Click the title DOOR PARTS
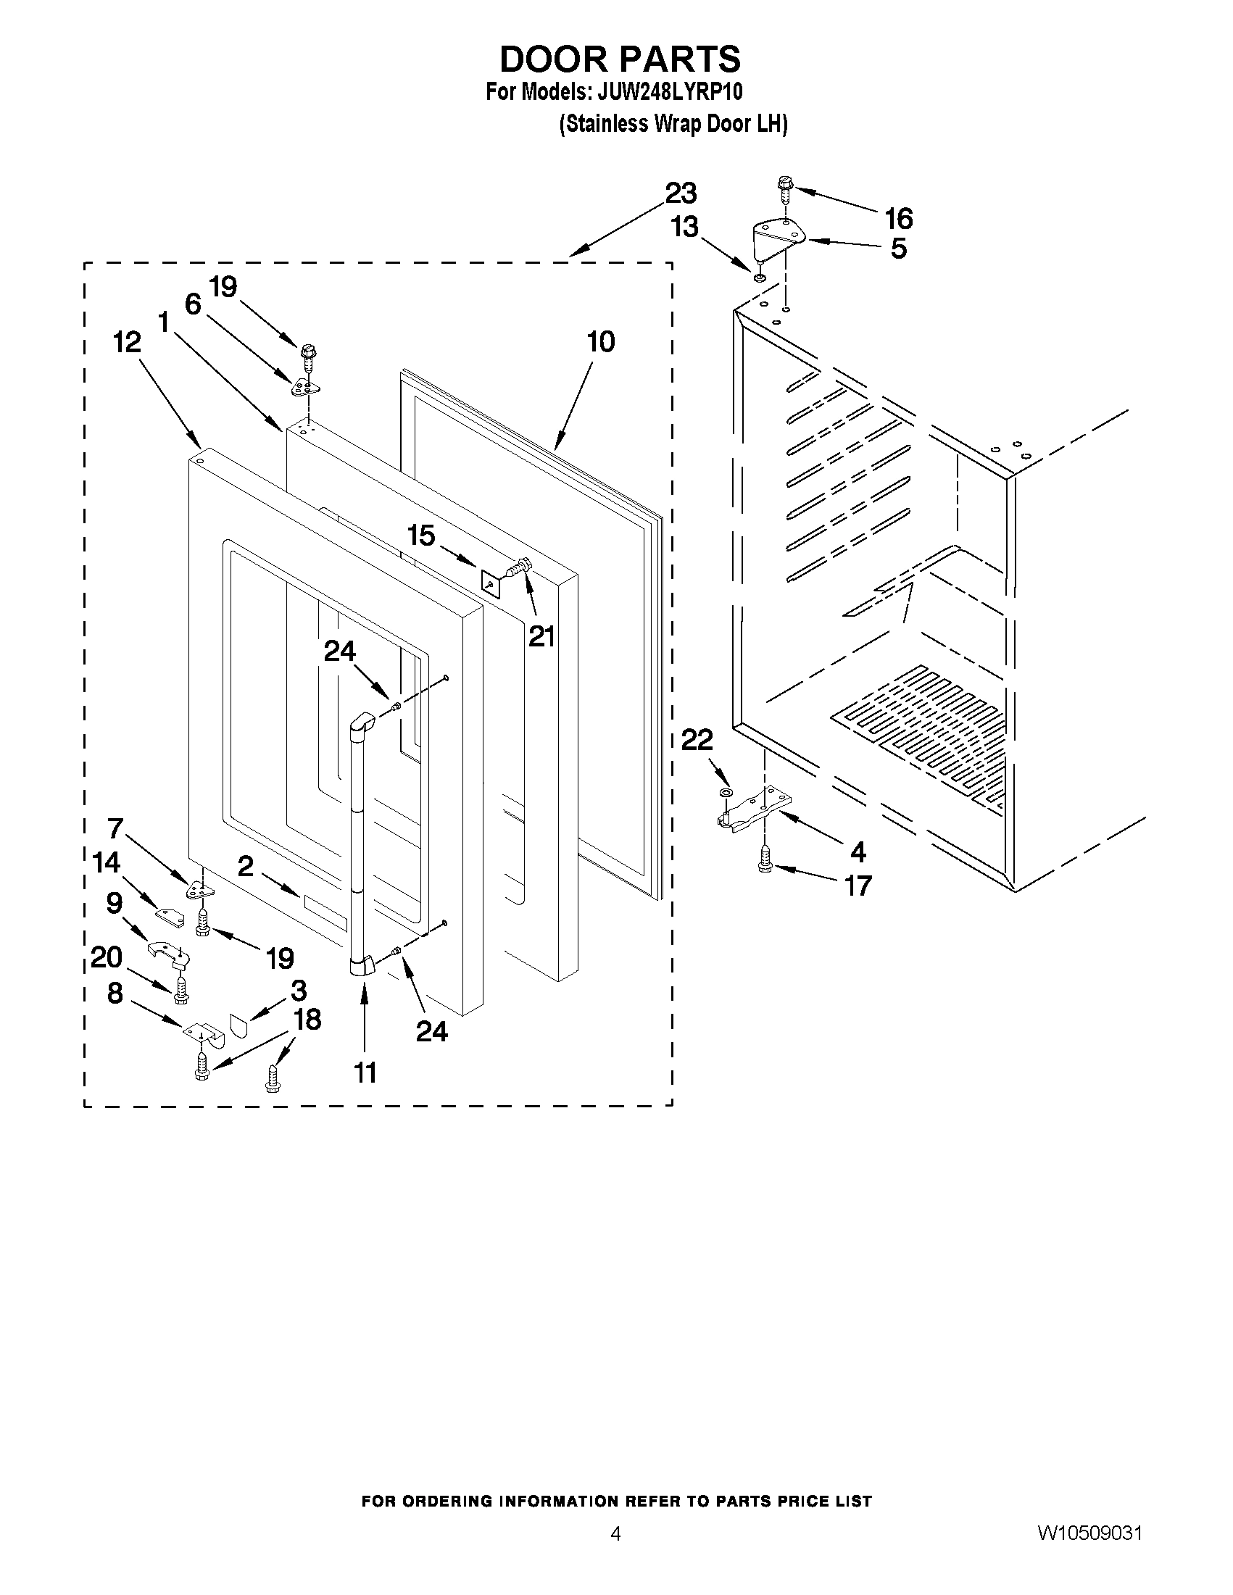coord(620,59)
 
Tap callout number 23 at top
coord(680,193)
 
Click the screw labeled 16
coord(785,191)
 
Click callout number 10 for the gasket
coord(601,342)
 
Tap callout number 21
coord(541,637)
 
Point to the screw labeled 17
coord(765,859)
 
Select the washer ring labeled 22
coord(726,793)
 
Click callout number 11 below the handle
coord(365,1072)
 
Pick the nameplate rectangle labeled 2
coord(325,913)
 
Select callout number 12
coord(127,342)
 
